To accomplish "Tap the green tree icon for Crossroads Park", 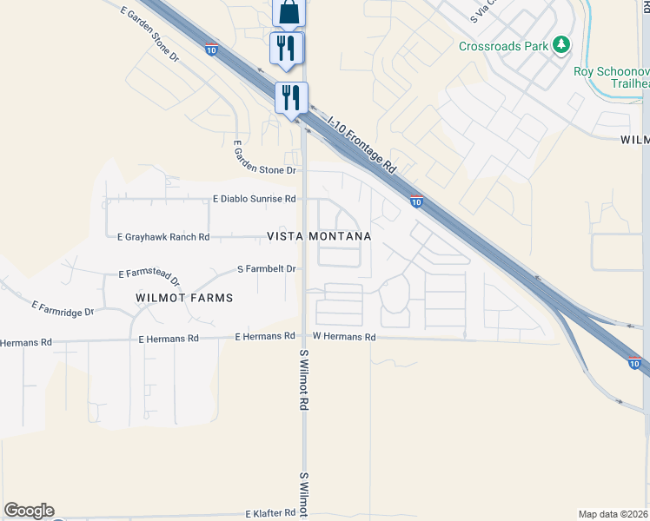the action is coord(562,43).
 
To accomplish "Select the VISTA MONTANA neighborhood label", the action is coord(319,236).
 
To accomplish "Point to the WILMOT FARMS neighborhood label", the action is coord(184,298).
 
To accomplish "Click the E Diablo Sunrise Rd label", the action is coord(255,199).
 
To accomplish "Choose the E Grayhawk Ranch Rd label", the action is coord(163,236).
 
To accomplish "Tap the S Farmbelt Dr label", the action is coord(267,269).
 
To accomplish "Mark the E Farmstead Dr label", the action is coord(149,277).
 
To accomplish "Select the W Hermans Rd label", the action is coord(344,336).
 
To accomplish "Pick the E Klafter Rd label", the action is coord(271,514).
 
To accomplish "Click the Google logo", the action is coord(29,511).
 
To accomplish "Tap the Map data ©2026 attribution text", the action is coord(614,514).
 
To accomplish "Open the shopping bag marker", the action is coord(289,12).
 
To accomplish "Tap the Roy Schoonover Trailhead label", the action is coord(612,77).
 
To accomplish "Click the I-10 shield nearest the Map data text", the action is coord(634,363).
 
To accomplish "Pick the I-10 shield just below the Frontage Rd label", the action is coord(417,202).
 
